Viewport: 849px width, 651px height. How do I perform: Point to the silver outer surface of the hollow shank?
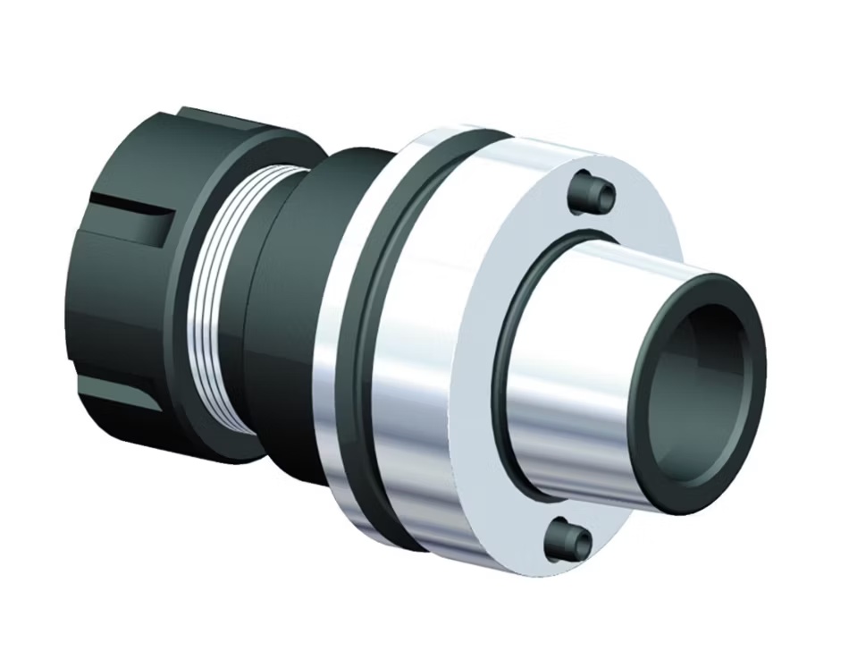581,358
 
